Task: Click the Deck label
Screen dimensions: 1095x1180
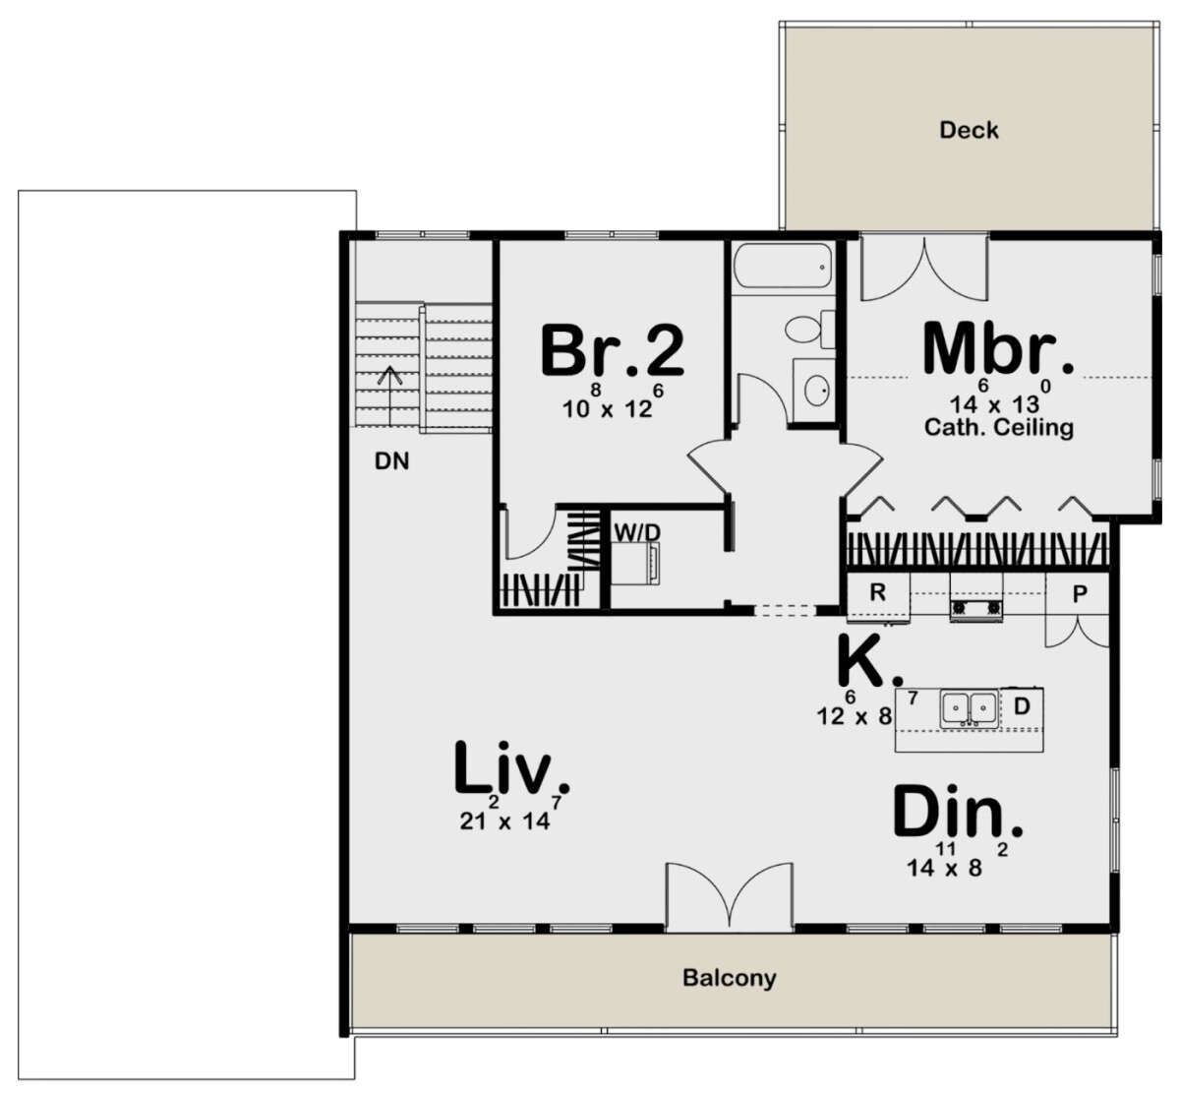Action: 969,130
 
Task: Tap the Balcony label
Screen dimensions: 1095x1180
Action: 729,978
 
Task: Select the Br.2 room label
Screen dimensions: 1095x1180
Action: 612,351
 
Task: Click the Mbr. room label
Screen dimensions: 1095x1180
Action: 997,348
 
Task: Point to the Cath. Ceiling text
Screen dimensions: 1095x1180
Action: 998,428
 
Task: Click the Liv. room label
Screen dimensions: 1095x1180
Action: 511,768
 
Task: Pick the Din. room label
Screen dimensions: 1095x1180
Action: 958,814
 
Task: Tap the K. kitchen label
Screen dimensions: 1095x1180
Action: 869,662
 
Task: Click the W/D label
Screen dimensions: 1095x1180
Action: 637,532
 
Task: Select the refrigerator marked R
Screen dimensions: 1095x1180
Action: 878,593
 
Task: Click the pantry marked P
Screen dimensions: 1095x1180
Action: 1079,593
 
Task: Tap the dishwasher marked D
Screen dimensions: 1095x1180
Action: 1021,705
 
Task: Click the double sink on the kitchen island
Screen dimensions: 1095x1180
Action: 969,707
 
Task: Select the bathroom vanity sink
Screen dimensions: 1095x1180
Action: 815,391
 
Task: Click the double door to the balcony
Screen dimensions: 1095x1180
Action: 729,897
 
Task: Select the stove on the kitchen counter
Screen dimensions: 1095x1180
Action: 974,608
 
